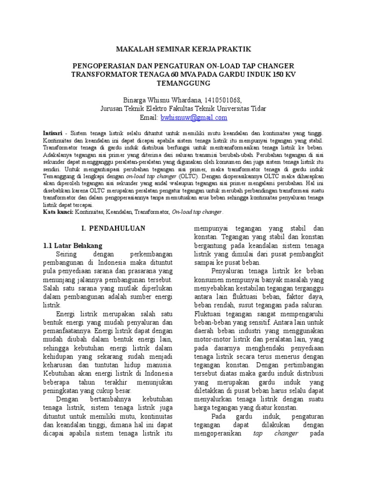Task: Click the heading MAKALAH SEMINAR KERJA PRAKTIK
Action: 183,49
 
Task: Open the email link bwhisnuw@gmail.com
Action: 194,118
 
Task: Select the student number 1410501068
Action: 222,100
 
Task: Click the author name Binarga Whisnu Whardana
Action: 162,100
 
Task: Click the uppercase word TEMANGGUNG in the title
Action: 183,83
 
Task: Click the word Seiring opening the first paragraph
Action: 66,254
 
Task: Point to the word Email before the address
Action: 148,118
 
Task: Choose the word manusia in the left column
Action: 160,365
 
